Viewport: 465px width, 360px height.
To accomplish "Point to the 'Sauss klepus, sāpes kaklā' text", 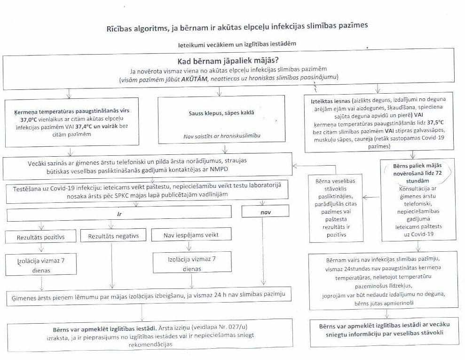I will tap(221, 113).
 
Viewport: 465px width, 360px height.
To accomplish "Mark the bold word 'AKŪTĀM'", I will tap(194, 77).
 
